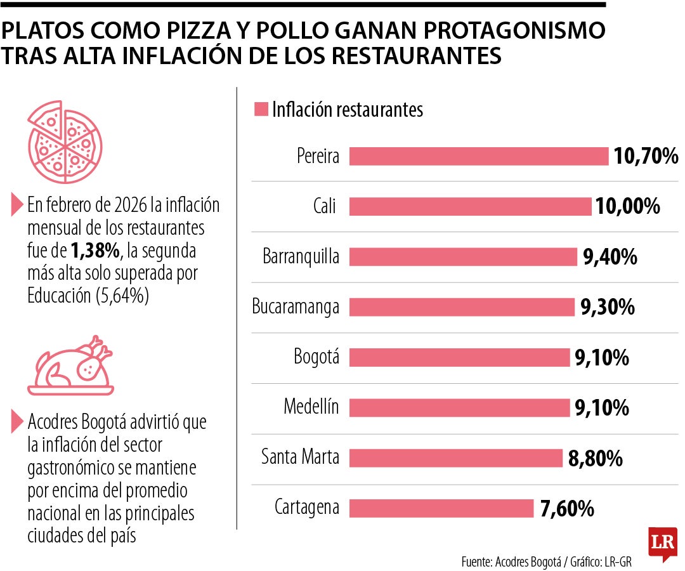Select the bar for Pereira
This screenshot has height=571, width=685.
point(479,156)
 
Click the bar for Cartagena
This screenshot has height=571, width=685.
point(441,508)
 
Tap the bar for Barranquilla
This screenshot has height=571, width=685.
point(463,257)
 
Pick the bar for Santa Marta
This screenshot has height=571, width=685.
point(456,458)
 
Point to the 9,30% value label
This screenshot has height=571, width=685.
point(607,308)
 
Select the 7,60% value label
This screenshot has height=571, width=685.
point(567,508)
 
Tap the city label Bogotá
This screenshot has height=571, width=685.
point(316,357)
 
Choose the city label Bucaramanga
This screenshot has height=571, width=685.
point(296,307)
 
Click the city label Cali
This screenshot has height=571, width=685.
point(324,207)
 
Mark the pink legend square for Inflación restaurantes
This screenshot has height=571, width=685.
point(261,109)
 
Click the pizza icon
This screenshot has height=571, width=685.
point(63,142)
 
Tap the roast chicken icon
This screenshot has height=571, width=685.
point(71,366)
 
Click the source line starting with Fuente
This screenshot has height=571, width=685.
point(546,561)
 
